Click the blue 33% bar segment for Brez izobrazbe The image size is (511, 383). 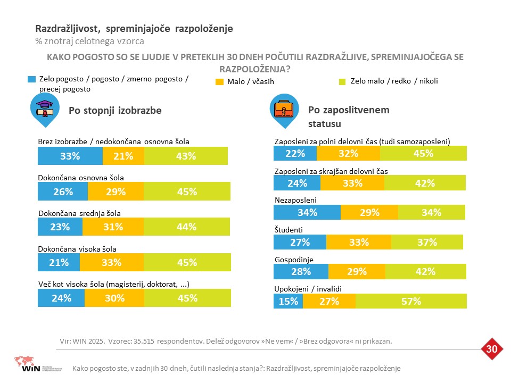(x=70, y=156)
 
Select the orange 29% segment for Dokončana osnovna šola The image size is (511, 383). (x=116, y=191)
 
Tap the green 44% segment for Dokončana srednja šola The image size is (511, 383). (x=187, y=227)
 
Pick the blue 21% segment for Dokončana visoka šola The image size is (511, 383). (x=59, y=262)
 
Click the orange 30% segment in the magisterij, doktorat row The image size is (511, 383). (x=114, y=298)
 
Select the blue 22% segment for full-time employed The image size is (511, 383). (x=295, y=153)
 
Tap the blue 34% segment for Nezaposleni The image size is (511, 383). (x=307, y=212)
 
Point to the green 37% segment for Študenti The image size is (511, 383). (x=427, y=242)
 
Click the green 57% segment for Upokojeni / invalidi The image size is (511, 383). (x=411, y=301)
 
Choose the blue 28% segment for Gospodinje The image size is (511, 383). (x=301, y=272)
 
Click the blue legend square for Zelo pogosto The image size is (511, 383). (x=31, y=79)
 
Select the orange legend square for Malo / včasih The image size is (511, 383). (x=219, y=82)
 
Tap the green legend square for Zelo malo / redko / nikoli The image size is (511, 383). (x=342, y=81)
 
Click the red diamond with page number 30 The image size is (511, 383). (x=492, y=349)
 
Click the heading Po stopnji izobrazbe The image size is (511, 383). (x=115, y=111)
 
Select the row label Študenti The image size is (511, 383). (x=289, y=230)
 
